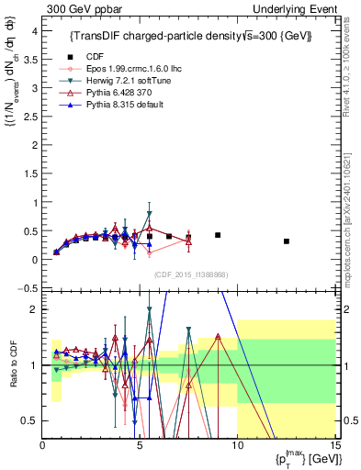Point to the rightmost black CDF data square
[x=287, y=241]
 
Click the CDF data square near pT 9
[x=218, y=235]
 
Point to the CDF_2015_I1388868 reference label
[x=191, y=274]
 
